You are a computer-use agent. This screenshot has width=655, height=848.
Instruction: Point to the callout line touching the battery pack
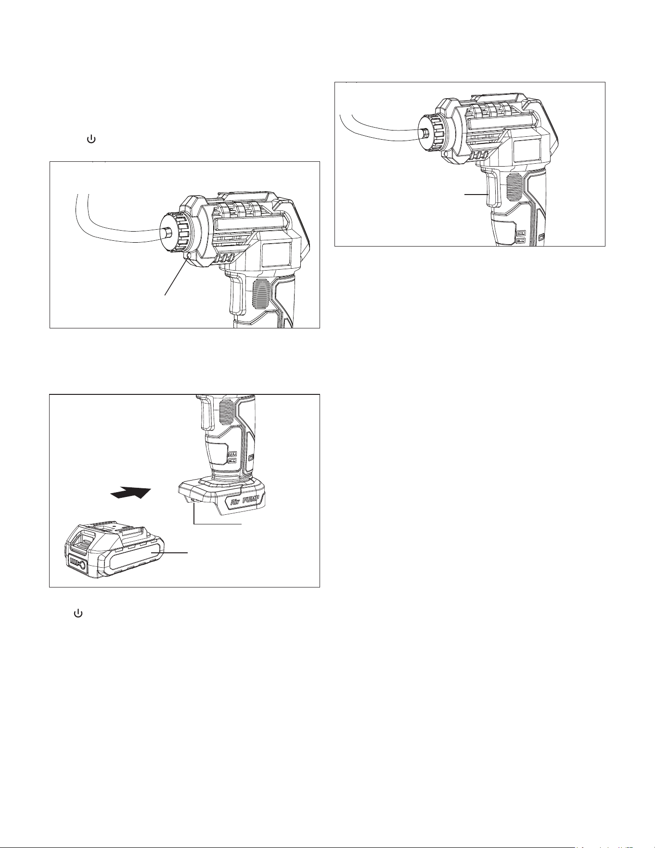tap(169, 552)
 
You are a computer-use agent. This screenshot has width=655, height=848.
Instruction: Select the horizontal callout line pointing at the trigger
tap(476, 194)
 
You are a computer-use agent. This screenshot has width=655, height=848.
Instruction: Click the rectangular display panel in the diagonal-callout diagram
tap(278, 255)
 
